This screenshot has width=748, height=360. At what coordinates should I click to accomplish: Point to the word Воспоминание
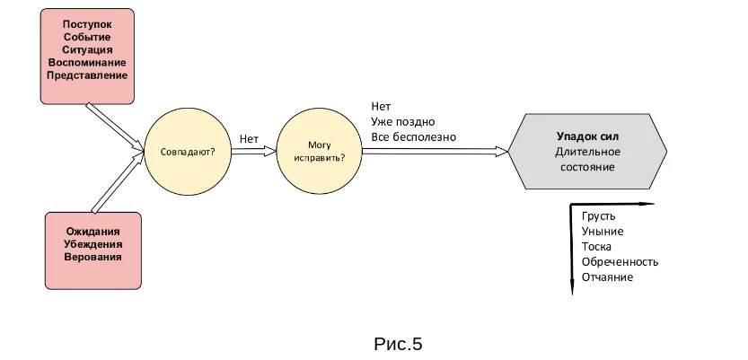[87, 62]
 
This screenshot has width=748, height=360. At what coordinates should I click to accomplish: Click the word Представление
[87, 75]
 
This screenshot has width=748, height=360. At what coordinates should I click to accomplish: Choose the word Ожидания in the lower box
[92, 232]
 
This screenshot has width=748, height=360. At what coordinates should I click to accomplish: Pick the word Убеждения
[92, 244]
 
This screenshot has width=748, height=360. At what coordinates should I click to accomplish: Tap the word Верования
[92, 258]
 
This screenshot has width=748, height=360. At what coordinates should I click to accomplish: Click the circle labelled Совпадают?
[187, 152]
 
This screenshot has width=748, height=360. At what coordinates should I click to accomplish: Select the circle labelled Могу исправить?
[320, 152]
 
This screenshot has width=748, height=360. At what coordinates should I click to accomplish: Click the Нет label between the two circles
[249, 139]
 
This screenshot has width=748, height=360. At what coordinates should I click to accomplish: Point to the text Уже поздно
[403, 121]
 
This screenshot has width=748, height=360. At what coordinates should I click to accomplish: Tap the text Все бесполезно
[414, 136]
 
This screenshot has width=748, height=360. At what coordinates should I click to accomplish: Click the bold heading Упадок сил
[588, 136]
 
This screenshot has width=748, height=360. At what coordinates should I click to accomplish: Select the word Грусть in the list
[599, 216]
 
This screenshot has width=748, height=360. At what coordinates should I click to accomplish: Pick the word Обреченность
[620, 262]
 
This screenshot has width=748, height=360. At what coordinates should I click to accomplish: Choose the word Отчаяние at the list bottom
[607, 277]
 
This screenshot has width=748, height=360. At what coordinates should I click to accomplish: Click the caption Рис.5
[397, 343]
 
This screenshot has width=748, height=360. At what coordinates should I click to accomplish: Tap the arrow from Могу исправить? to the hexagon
[435, 152]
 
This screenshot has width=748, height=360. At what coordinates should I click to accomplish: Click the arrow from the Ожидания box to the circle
[117, 184]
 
